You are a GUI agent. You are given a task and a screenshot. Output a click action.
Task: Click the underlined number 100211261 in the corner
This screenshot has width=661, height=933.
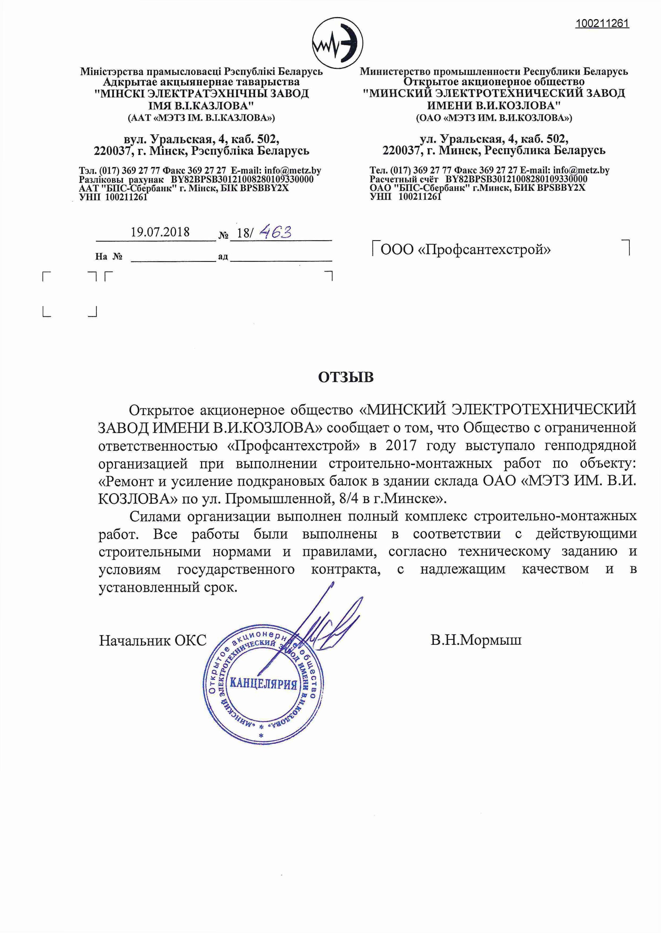(602, 24)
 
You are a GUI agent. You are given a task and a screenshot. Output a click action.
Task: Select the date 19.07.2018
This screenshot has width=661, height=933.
(160, 232)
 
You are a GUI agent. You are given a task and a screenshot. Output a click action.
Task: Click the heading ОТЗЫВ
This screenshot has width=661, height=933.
(346, 377)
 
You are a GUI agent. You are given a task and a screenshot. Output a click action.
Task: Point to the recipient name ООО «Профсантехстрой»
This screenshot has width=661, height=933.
(466, 249)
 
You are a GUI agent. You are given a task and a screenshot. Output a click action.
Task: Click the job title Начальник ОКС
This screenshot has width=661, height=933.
(153, 640)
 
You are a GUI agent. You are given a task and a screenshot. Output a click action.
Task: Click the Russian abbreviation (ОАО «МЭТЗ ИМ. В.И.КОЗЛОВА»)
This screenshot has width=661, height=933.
(494, 118)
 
